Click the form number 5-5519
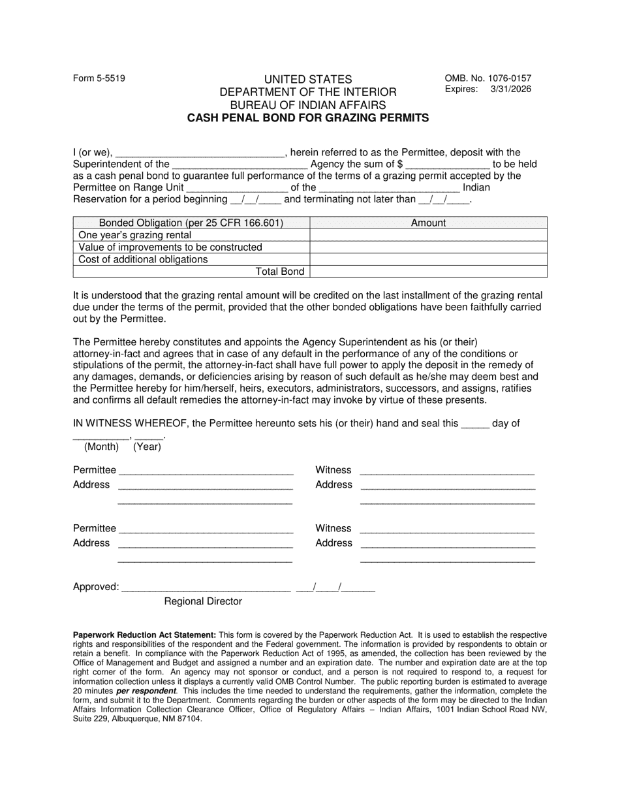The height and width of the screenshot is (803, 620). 99,78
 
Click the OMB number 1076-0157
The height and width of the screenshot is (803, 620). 488,78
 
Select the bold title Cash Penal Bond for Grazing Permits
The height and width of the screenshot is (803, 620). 308,118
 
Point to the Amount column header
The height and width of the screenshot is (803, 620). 428,223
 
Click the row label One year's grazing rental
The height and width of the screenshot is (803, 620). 135,235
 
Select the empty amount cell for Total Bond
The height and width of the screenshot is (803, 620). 428,272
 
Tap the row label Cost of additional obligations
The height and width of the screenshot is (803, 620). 143,259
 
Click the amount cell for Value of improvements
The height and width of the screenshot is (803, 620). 428,247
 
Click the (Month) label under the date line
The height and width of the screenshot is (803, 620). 101,447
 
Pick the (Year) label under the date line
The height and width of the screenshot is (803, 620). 147,447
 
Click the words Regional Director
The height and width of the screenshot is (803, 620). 203,601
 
